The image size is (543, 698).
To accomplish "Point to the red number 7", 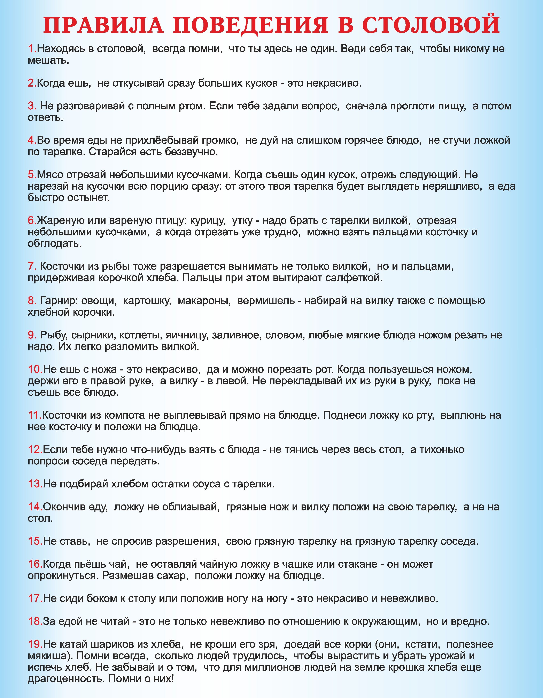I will coord(32,266).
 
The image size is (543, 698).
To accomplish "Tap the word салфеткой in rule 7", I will coord(354,277).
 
